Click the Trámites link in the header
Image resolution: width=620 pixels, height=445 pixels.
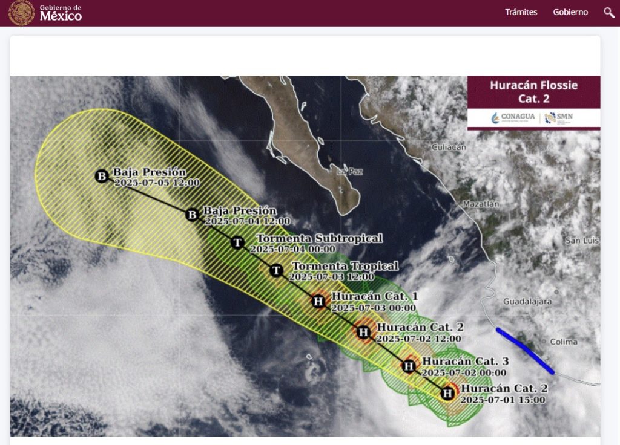click(x=521, y=12)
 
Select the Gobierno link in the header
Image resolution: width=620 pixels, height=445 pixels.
click(x=570, y=12)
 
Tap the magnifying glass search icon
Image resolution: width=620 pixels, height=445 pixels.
click(x=609, y=12)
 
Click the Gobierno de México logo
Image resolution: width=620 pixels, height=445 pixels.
click(x=46, y=13)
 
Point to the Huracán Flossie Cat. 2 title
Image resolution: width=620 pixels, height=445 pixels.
click(x=533, y=91)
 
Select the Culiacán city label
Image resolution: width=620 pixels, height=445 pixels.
click(x=449, y=147)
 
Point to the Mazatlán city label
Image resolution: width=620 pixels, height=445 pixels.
click(x=481, y=204)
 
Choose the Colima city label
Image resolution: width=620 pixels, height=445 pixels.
click(x=563, y=342)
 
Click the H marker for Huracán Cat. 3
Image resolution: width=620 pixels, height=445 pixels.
click(x=409, y=366)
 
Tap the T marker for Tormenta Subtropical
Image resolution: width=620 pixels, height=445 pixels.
click(x=238, y=243)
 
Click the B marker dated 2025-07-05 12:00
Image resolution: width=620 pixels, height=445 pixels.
click(x=102, y=176)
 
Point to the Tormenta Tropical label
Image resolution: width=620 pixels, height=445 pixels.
click(x=345, y=266)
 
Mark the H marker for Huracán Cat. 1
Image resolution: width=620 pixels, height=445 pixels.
click(x=318, y=301)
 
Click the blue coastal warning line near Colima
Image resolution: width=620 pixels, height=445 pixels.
click(x=524, y=350)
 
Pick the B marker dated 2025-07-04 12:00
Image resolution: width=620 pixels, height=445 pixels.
click(x=192, y=215)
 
